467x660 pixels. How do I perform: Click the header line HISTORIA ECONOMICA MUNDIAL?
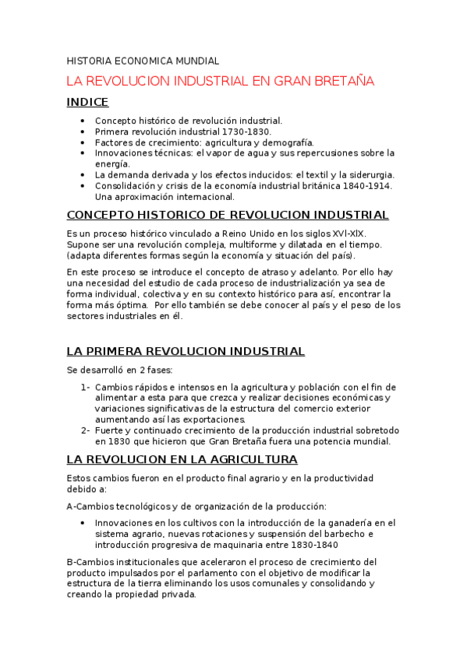tap(143, 60)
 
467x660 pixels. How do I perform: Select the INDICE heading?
tap(87, 102)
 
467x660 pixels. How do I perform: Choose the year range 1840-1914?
tap(365, 186)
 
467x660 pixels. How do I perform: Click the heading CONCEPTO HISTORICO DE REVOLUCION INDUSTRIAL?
tap(228, 215)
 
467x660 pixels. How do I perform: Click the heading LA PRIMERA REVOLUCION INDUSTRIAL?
tap(186, 351)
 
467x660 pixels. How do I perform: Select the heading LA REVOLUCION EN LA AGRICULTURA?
tap(182, 459)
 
